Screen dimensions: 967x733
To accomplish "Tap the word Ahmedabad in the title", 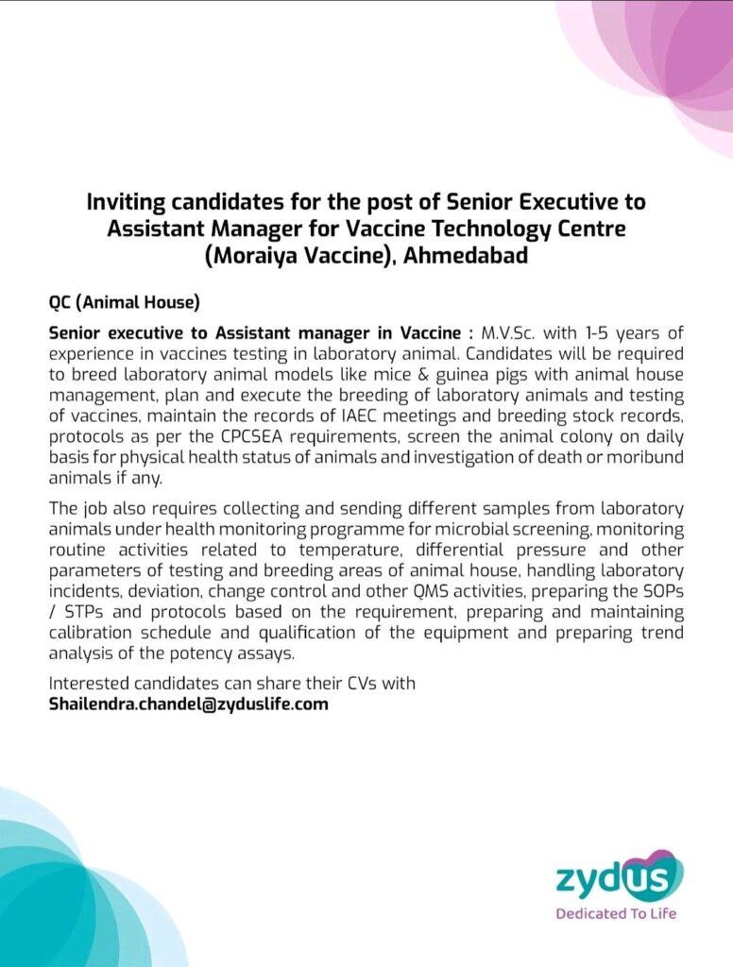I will (x=466, y=255).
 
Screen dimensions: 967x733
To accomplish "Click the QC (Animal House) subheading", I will (x=124, y=303).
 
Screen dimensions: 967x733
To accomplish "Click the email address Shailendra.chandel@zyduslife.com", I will (x=189, y=704).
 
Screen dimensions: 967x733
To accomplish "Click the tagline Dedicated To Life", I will (x=616, y=914).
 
